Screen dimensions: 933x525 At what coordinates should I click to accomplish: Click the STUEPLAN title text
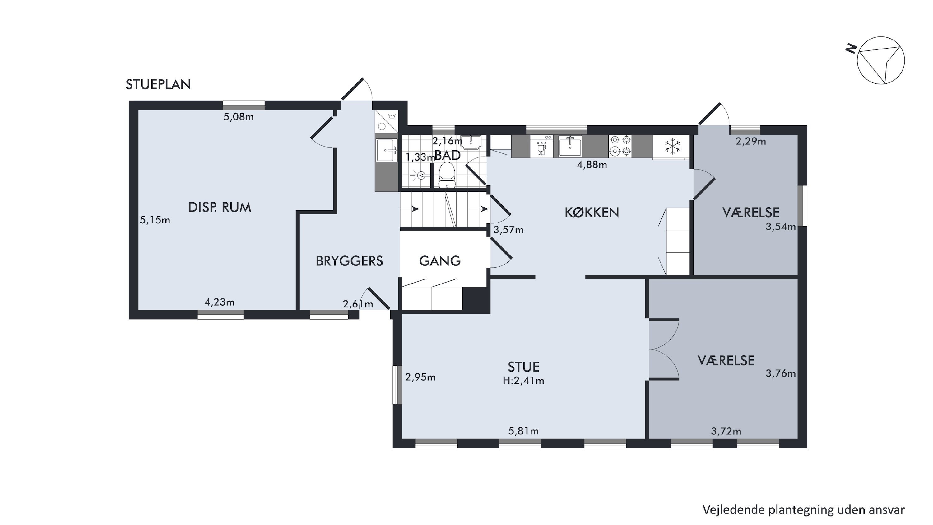158,84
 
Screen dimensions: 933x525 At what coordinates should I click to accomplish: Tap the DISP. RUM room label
220,207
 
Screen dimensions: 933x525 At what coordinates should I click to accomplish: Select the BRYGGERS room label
349,261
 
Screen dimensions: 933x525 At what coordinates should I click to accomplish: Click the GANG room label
440,261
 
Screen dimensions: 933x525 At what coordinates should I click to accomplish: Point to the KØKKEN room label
592,213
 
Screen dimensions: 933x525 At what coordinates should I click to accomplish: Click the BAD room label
448,155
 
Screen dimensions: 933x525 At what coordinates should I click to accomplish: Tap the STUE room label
523,367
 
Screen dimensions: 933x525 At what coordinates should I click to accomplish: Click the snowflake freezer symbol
673,146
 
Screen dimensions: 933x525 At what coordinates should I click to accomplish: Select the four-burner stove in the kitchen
620,146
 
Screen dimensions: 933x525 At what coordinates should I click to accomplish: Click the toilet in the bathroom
447,175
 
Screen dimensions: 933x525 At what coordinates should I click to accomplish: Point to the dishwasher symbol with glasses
541,146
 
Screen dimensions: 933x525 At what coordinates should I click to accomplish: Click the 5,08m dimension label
238,117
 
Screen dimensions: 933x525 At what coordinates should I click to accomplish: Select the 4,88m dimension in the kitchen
592,165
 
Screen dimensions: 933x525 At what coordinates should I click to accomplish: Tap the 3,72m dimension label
726,431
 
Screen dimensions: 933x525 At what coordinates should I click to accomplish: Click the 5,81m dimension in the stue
523,431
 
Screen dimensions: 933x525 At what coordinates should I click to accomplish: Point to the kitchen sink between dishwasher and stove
570,146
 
